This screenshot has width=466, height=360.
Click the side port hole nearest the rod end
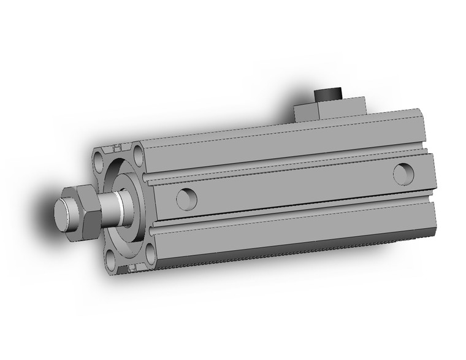point(186,198)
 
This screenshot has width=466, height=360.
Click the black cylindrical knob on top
point(328,96)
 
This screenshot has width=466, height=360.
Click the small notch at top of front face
point(117,148)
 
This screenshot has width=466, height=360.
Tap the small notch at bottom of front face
point(130,268)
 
